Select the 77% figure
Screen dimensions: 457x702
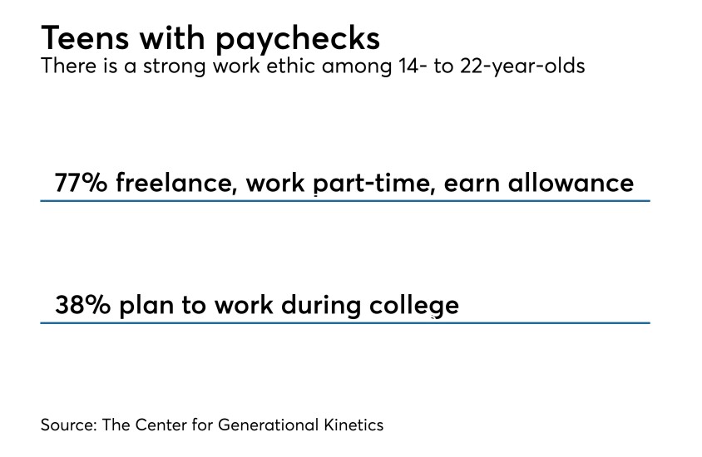pyautogui.click(x=81, y=182)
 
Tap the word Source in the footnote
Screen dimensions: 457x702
pyautogui.click(x=67, y=425)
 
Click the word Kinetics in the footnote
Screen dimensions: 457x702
pyautogui.click(x=353, y=425)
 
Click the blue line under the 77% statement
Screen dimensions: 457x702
pyautogui.click(x=344, y=200)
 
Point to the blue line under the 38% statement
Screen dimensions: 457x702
pyautogui.click(x=344, y=322)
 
